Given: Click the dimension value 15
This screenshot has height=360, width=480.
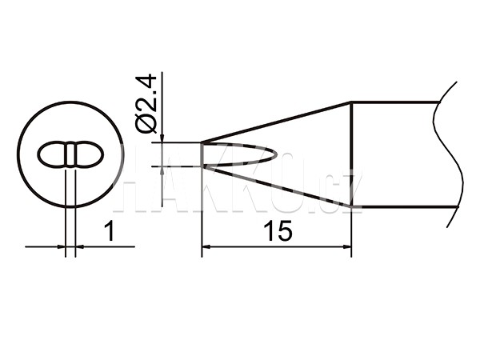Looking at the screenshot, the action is pos(278,231).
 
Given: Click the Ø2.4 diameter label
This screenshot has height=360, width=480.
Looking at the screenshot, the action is pos(146,103).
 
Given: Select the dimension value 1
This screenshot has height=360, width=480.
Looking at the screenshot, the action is pos(110,232).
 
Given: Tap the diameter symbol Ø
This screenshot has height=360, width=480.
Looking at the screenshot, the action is pos(146,124).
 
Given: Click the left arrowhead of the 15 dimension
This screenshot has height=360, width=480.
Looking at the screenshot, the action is pos(206,246).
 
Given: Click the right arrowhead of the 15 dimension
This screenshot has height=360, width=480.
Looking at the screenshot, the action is pos(347,246).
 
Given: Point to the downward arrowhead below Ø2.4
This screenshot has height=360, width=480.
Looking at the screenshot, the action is pos(162,138).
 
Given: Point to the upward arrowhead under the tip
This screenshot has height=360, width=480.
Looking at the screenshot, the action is pos(162,171).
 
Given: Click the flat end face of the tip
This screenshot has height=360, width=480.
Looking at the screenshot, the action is pos(202,154).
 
